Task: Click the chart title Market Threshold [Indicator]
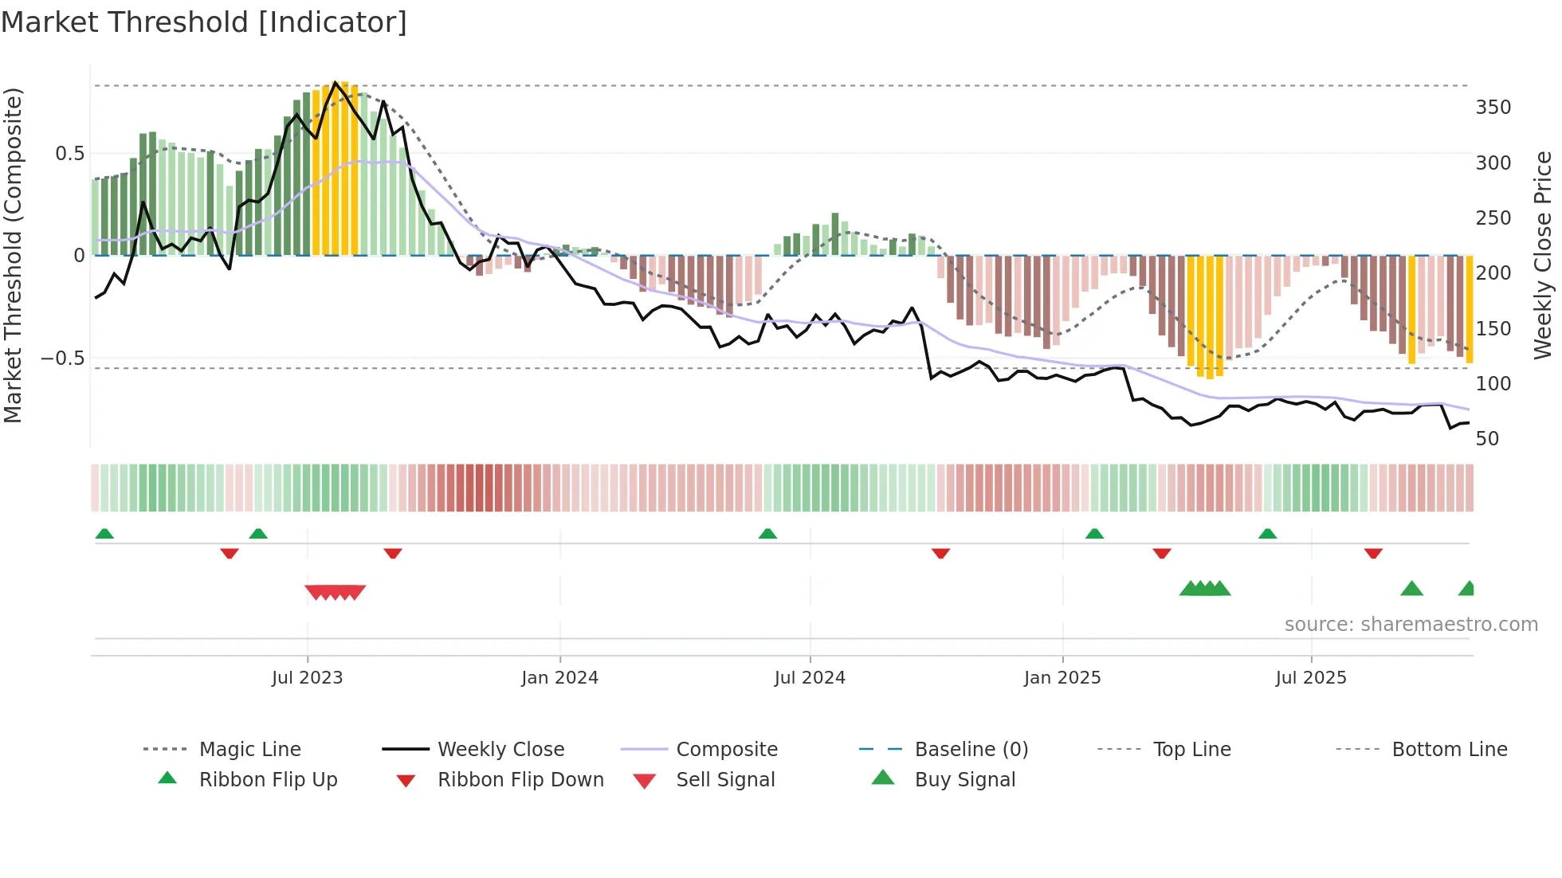(204, 22)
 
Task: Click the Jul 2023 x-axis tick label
(307, 678)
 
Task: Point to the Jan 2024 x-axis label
(559, 678)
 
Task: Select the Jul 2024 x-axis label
(810, 678)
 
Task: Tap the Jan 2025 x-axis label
(1062, 678)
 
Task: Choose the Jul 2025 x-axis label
(1311, 678)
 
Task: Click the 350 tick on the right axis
(1493, 108)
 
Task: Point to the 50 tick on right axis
(1487, 439)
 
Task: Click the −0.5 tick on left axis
(62, 359)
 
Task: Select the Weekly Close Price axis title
(1544, 255)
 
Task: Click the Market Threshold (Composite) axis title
(13, 255)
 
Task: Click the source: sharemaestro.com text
(1411, 625)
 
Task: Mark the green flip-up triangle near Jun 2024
(767, 534)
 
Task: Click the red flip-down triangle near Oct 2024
(940, 553)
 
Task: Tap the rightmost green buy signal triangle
(1467, 589)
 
